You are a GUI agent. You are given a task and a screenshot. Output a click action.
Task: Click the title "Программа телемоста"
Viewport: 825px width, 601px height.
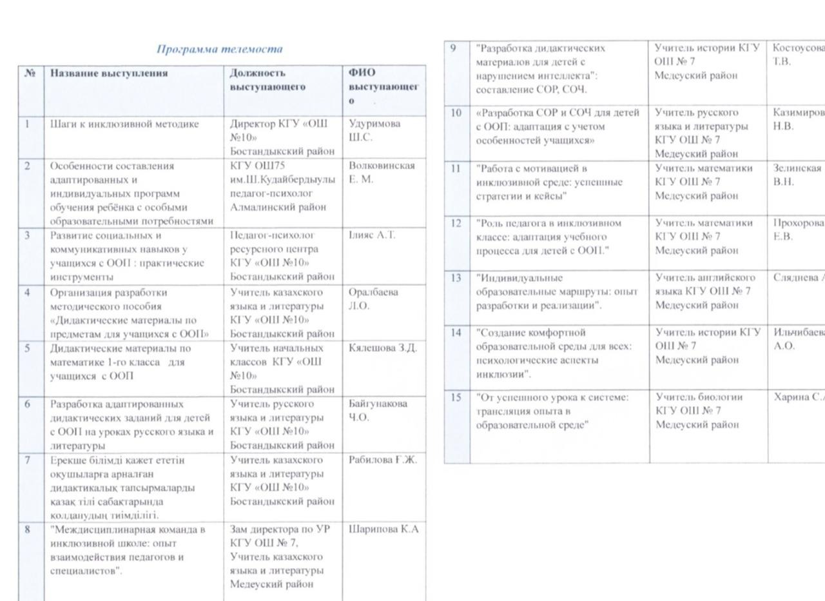tap(220, 49)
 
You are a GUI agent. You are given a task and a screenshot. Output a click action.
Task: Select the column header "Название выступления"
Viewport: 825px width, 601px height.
tap(109, 73)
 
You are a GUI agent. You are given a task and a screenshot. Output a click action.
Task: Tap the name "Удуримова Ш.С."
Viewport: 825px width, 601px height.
tap(374, 130)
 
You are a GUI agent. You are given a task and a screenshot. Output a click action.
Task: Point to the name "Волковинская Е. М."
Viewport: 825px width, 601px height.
tap(382, 172)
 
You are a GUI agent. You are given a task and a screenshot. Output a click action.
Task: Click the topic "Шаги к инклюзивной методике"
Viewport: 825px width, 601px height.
tap(124, 124)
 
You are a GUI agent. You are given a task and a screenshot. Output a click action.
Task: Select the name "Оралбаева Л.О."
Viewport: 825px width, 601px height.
tap(373, 299)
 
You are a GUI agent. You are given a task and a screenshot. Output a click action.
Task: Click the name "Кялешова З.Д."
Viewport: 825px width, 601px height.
tap(383, 348)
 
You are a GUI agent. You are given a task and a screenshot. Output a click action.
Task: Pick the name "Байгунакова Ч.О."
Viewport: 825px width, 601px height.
tap(378, 410)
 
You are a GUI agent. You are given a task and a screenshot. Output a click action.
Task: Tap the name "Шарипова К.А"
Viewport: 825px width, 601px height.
tap(383, 529)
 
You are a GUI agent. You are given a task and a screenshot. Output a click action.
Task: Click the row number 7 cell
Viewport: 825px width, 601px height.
tap(28, 460)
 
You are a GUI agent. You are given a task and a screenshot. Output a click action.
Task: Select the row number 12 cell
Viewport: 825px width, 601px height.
tap(456, 223)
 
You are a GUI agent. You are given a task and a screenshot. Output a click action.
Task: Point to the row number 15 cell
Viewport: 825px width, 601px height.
tap(456, 397)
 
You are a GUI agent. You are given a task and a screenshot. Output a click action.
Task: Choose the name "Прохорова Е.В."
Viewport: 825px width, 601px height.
tap(798, 230)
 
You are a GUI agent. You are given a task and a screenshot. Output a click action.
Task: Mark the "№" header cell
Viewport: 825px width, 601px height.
tap(30, 73)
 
